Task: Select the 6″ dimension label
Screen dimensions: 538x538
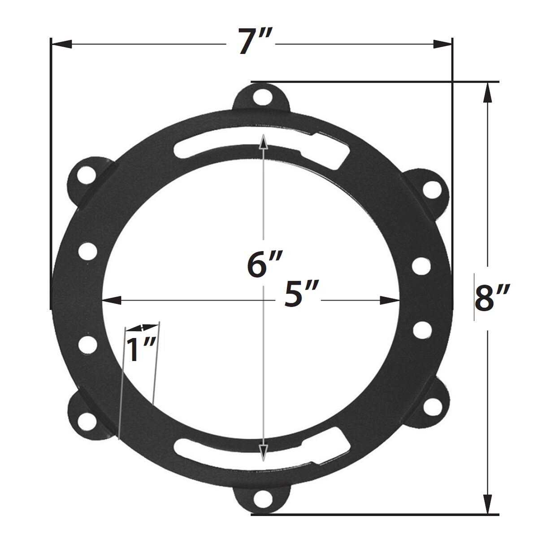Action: point(265,264)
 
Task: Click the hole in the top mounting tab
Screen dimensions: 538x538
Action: point(260,96)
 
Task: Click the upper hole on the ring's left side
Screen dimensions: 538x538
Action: point(87,250)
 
